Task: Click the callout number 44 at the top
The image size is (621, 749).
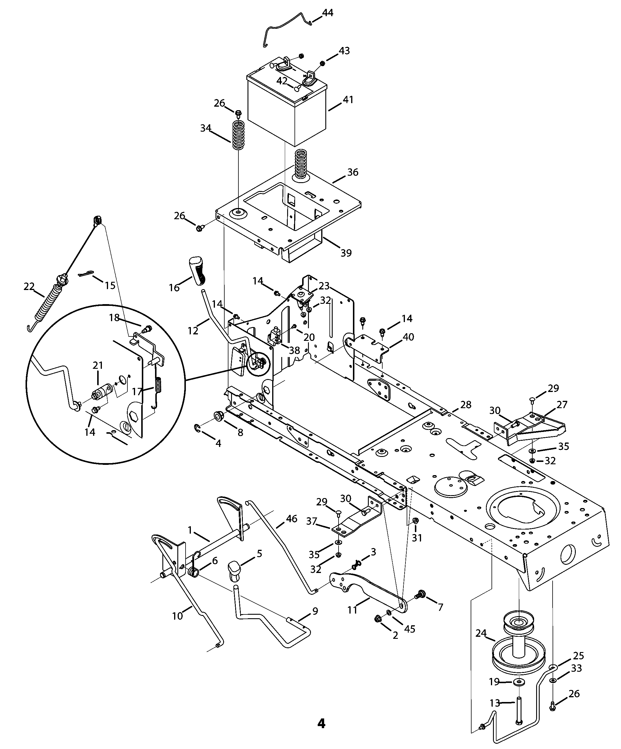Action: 327,13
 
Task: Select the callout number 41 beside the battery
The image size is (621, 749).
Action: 348,100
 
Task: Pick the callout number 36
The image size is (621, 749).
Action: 353,172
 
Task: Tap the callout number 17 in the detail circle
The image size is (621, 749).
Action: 137,392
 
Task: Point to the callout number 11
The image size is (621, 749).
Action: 352,610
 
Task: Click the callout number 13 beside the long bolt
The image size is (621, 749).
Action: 495,703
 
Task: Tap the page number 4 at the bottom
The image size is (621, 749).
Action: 321,723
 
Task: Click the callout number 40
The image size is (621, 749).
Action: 408,337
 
